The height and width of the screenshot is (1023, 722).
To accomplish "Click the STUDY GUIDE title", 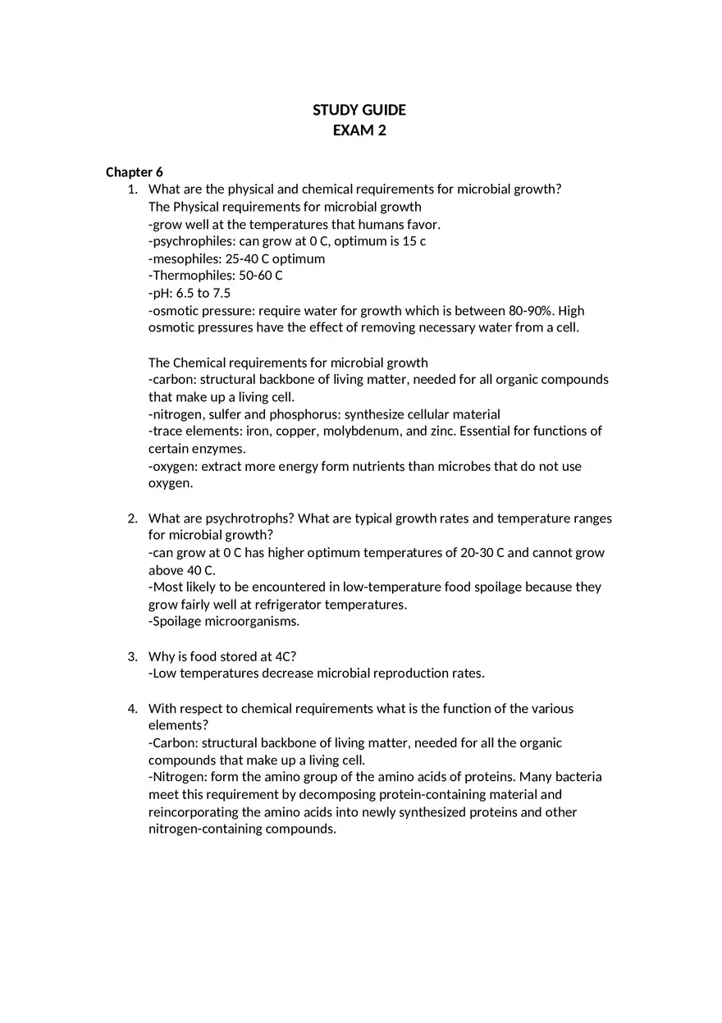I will (x=359, y=110).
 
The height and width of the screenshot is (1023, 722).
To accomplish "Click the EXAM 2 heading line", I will (x=359, y=130).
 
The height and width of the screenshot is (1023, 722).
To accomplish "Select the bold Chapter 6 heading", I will (x=135, y=172).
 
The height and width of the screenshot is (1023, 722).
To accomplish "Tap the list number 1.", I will (x=131, y=190).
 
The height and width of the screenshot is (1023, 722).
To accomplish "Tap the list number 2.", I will (x=131, y=518).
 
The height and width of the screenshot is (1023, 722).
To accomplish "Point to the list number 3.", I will (x=131, y=656).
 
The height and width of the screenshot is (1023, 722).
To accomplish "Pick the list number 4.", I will (x=131, y=709).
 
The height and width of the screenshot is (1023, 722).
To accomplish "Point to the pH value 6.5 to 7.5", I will (x=203, y=293).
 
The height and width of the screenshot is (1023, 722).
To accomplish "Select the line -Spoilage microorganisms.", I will (x=224, y=622).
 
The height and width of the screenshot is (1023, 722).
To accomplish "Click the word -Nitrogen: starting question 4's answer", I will (x=177, y=777).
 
